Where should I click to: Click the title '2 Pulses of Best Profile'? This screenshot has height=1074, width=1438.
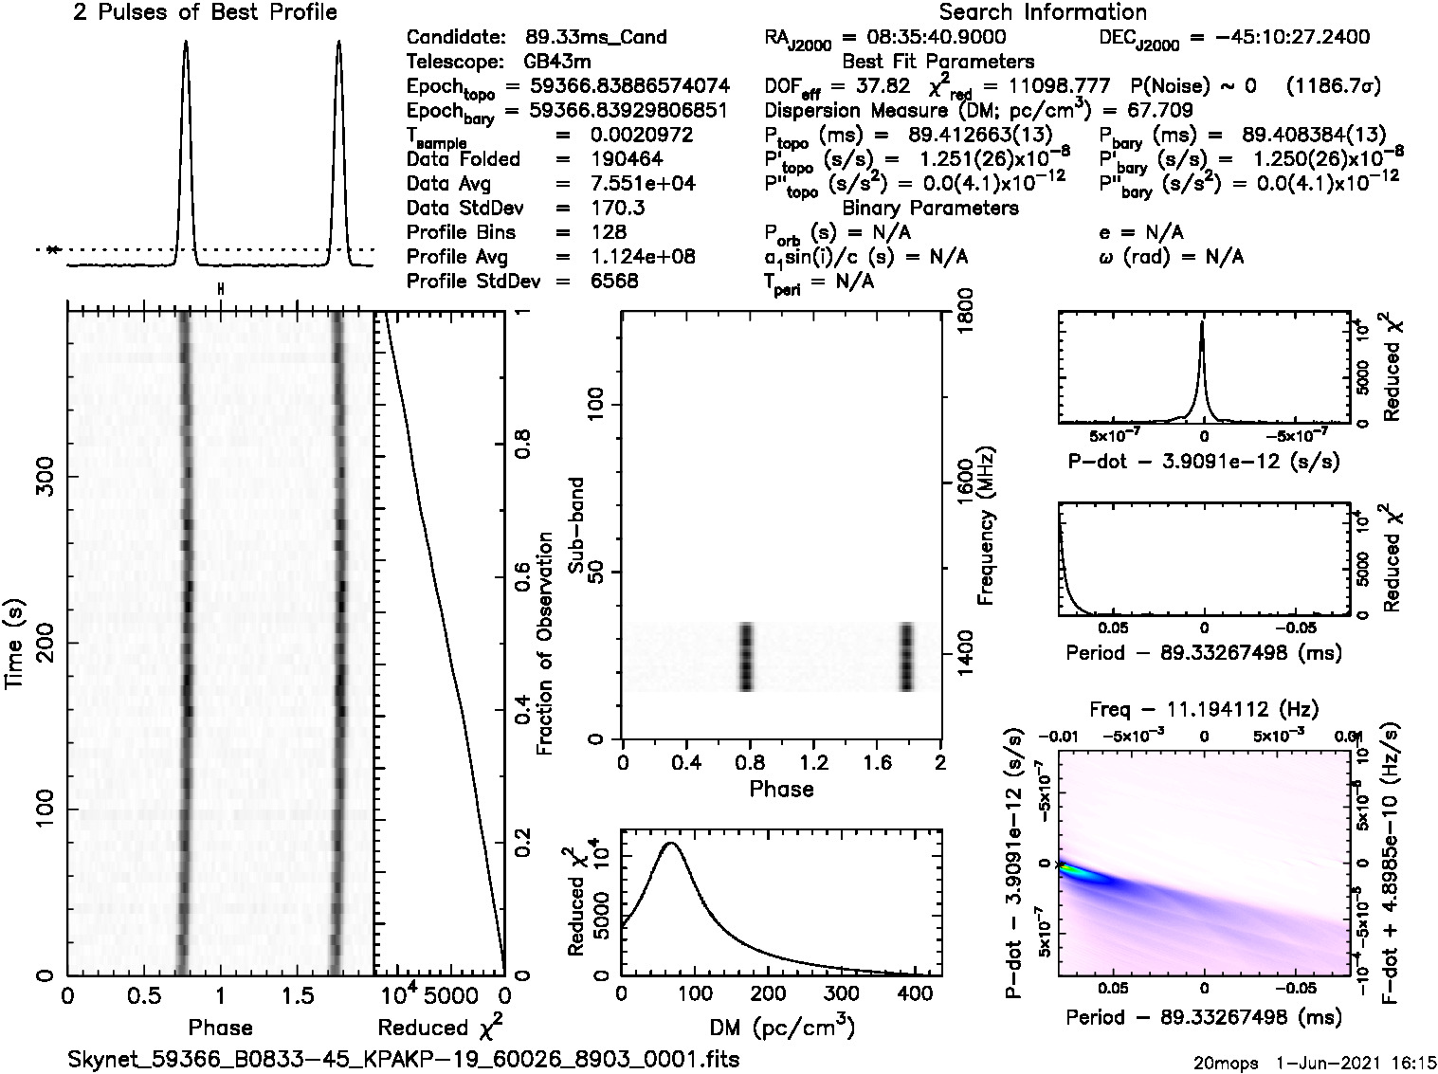205,13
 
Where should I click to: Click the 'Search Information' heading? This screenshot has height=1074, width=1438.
1043,12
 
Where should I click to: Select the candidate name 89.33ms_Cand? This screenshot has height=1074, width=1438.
595,38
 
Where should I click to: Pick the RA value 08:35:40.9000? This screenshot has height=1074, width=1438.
924,38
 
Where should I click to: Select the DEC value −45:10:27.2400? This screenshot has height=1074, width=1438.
1280,38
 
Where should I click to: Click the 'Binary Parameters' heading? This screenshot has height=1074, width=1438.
930,208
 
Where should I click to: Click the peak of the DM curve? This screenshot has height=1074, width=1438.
671,842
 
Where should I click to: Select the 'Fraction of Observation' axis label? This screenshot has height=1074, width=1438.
545,644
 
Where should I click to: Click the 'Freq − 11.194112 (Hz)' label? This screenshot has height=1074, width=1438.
1204,708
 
